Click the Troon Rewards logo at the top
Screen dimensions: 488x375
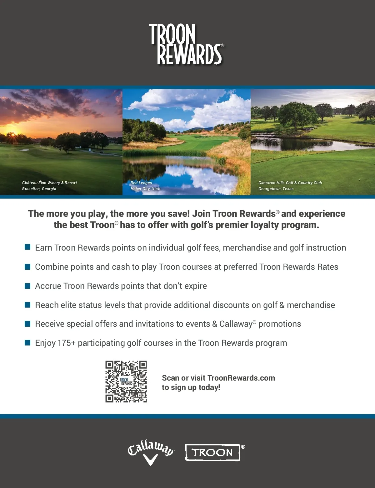coord(187,44)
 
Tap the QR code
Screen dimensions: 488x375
coord(126,382)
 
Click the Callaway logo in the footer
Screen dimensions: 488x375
coord(151,452)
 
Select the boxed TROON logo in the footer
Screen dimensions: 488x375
coord(213,452)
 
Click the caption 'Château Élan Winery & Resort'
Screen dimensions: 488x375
coord(49,183)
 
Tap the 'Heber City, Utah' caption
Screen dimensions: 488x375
coord(145,189)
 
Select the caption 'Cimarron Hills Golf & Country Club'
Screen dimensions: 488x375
coord(290,183)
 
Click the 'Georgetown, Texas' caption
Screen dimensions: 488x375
coord(276,189)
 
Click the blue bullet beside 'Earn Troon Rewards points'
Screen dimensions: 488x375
coord(27,247)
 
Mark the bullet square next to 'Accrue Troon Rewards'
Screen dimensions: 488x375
coord(27,286)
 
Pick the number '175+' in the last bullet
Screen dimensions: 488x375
coord(67,343)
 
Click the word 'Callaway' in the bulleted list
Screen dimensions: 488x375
coord(236,324)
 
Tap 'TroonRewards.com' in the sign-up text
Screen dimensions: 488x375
coord(241,378)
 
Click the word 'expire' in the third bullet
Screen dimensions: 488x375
coord(196,286)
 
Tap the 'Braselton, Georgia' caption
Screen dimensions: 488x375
coord(39,189)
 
